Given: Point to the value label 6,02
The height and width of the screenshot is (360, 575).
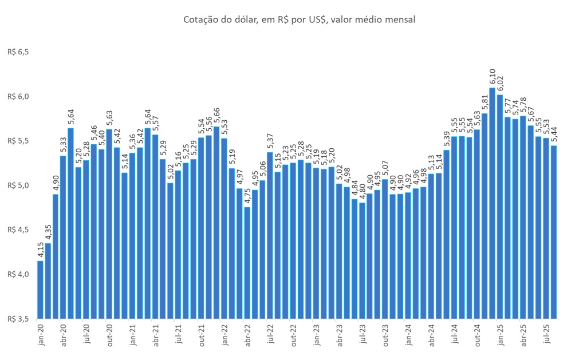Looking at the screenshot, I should (500, 84).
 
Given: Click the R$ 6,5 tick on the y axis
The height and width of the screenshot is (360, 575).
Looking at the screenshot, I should (18, 52).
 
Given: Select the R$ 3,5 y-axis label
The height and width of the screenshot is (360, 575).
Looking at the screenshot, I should (18, 319).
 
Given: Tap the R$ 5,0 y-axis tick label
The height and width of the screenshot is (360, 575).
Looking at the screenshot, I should (18, 185).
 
